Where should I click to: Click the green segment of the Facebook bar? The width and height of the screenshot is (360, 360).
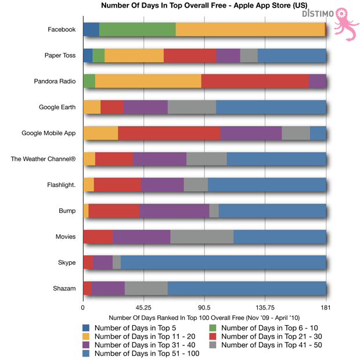tap(137, 30)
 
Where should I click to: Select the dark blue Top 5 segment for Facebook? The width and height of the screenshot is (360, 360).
tap(91, 30)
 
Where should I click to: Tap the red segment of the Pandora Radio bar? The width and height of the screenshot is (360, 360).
tap(255, 81)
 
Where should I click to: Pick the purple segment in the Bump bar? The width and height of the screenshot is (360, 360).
tap(174, 210)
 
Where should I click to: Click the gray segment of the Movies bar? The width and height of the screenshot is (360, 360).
tap(201, 236)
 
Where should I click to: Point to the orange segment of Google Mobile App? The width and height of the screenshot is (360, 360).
tap(100, 133)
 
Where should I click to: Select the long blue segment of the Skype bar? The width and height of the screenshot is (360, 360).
tap(223, 262)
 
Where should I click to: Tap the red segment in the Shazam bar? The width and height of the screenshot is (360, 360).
tap(87, 288)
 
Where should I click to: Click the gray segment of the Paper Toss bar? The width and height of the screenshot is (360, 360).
tap(249, 56)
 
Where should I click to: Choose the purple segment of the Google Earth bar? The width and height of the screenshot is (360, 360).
tap(145, 107)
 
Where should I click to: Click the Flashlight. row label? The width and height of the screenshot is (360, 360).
tap(61, 185)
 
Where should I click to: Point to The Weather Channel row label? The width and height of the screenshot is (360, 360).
tap(43, 159)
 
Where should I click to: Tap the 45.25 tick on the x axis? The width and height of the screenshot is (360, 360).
tap(143, 308)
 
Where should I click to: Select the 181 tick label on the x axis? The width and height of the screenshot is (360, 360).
tap(325, 308)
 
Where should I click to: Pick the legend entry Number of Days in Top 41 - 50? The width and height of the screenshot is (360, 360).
tap(267, 345)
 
